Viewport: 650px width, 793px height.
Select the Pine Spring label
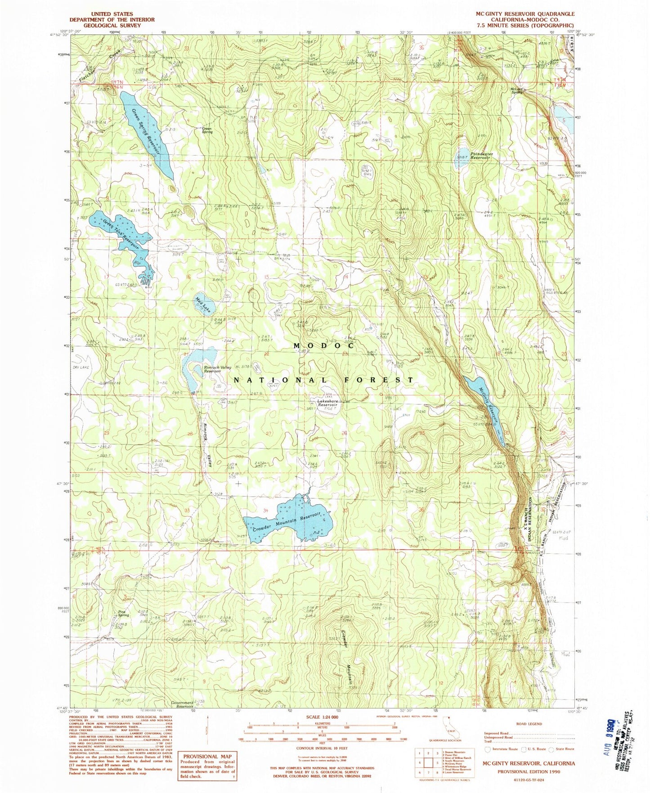coord(123,613)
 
